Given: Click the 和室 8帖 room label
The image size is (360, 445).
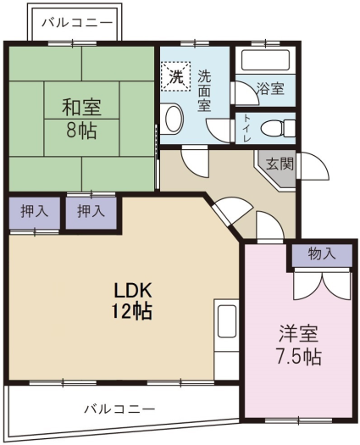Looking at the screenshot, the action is [x=81, y=119].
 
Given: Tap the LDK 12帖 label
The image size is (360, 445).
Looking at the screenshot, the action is [x=132, y=301].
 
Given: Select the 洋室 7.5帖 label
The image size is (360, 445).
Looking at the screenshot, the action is [x=299, y=345].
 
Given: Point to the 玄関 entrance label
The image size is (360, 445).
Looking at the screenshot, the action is [x=280, y=164].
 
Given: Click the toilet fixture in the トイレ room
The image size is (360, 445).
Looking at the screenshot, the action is [x=278, y=128].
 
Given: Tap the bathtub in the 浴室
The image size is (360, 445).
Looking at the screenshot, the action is [x=265, y=60].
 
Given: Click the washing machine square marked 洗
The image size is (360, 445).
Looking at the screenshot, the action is [x=176, y=76].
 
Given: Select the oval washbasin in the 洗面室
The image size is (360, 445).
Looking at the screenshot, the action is [x=173, y=120].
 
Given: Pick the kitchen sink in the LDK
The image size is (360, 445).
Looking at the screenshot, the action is [x=227, y=321].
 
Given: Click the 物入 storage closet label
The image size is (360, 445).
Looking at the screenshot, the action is [x=322, y=253].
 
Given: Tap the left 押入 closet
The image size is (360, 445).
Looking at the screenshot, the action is [x=35, y=211].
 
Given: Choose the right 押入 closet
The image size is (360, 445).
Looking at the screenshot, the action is [x=91, y=211].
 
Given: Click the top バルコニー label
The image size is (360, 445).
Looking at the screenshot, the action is [x=77, y=22].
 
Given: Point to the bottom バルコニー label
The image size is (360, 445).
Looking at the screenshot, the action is [x=120, y=409].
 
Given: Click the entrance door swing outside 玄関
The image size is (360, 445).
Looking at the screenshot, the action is [x=313, y=166].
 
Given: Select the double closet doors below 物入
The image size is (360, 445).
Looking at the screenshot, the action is [x=322, y=285].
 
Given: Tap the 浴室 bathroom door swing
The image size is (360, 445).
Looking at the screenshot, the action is [x=245, y=93].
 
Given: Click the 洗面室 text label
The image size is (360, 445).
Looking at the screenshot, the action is [x=204, y=91].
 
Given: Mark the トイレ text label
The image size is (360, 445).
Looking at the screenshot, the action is [x=246, y=129].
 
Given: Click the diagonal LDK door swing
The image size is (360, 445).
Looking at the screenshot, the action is [x=233, y=209].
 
